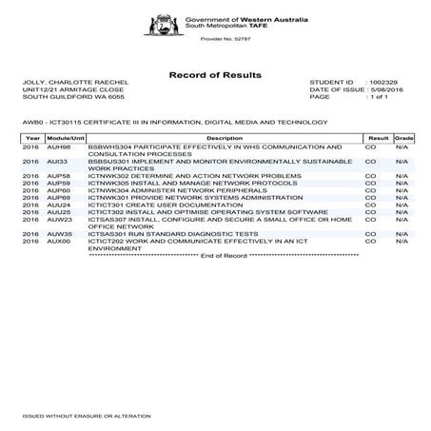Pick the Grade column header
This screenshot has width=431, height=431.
(402, 139)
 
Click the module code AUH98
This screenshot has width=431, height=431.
(59, 147)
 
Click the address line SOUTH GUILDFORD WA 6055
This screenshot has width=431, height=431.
(68, 97)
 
